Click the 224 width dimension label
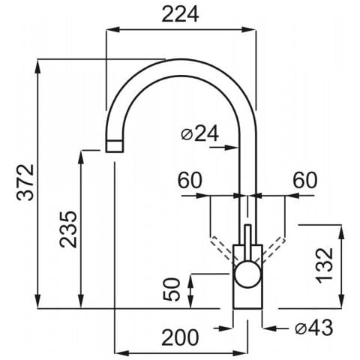(x=180, y=14)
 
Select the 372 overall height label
(x=25, y=182)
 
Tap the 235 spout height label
(x=68, y=229)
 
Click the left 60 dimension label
(x=190, y=180)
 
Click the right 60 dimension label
(x=305, y=180)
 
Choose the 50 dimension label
(x=172, y=289)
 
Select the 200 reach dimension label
(x=180, y=337)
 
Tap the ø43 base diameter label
(x=314, y=328)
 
